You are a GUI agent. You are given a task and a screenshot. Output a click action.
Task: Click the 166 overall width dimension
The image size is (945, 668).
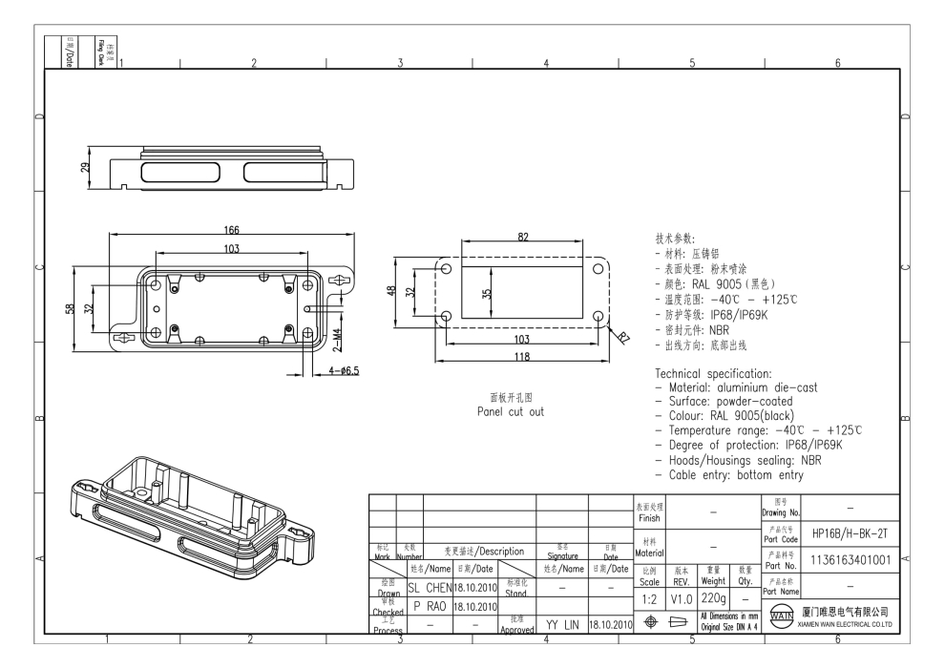tap(231, 230)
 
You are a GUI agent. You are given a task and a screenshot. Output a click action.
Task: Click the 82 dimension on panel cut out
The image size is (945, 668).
tap(522, 238)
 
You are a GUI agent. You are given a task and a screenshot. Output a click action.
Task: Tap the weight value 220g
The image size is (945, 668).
tap(715, 596)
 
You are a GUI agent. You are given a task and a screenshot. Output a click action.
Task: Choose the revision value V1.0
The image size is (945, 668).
tap(680, 596)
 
